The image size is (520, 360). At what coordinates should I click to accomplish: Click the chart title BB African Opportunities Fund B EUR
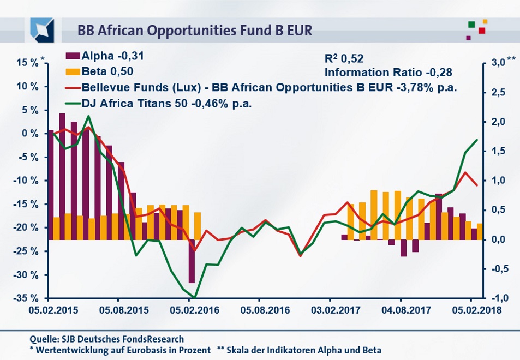195,30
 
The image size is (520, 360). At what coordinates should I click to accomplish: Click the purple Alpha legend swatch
73,56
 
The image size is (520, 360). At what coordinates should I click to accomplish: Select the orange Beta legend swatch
73,71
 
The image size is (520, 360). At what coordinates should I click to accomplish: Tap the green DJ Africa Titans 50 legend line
73,102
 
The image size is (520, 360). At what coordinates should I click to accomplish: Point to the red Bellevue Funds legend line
73,87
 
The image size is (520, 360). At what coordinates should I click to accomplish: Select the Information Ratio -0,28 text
388,71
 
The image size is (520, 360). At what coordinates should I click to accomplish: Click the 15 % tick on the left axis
27,63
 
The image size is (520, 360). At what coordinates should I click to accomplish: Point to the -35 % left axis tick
26,298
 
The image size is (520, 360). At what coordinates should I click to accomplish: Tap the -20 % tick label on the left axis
26,227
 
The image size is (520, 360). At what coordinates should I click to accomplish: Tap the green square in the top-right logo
471,24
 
